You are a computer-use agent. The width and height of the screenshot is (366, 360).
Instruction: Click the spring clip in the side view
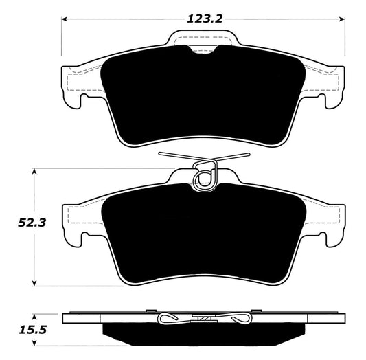(x=203, y=318)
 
